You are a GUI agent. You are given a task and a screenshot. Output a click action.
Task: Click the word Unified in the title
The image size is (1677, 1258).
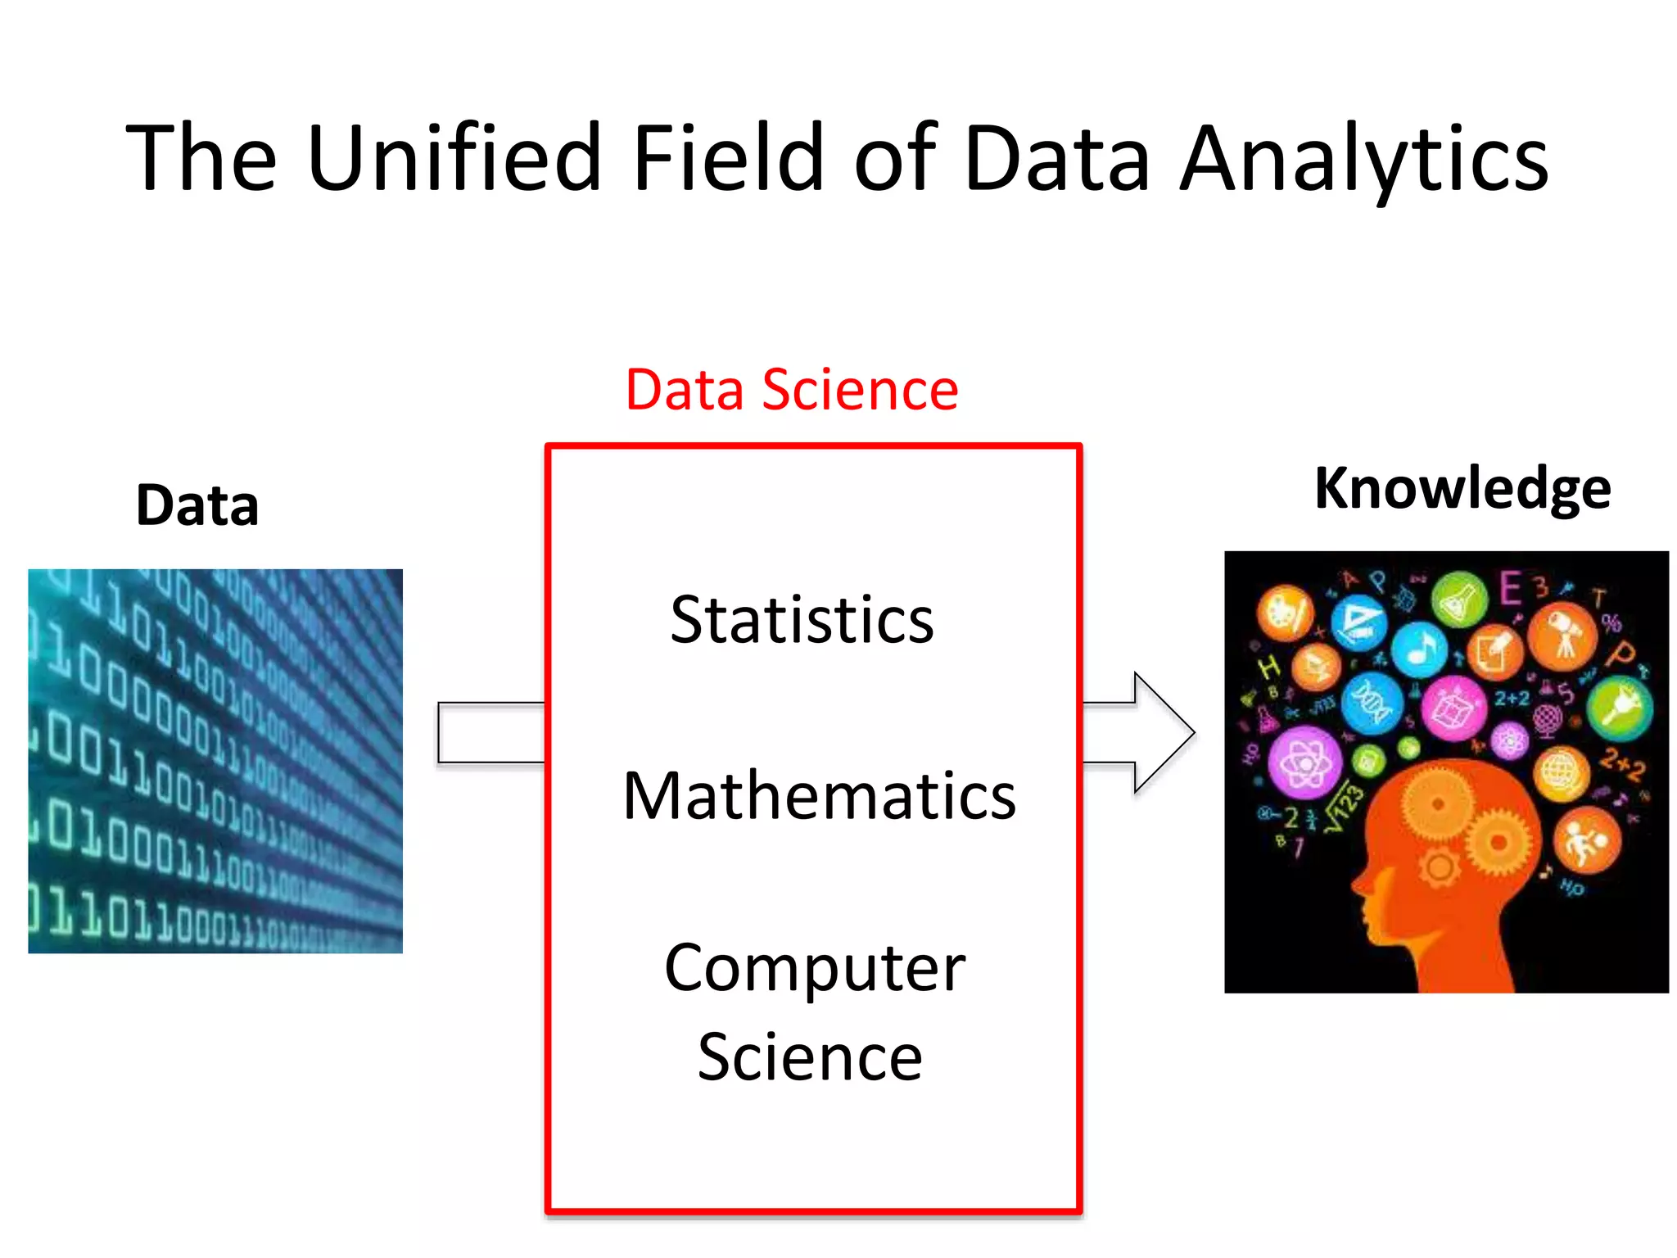tap(454, 157)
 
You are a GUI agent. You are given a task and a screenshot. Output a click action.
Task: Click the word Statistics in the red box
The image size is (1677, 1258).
tap(802, 620)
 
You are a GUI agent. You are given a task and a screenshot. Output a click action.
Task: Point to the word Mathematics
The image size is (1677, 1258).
tap(819, 796)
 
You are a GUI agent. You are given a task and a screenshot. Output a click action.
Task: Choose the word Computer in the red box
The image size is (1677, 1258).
tap(815, 968)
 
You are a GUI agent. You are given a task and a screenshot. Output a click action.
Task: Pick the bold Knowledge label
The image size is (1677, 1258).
tap(1462, 488)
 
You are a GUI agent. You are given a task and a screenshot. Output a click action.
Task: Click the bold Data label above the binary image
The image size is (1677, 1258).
tap(197, 505)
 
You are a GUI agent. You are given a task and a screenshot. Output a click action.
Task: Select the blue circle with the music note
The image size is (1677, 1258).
tap(1420, 649)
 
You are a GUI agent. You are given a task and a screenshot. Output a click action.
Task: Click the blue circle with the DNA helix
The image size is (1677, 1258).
tap(1372, 703)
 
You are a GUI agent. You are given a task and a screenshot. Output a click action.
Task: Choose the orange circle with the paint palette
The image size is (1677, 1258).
tap(1286, 613)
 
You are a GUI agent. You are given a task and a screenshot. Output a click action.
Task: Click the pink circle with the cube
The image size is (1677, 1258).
tap(1453, 708)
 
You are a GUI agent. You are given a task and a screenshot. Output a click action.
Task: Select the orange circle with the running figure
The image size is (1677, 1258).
tap(1586, 841)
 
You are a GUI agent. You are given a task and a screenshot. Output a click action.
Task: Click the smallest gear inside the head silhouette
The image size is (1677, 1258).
tap(1439, 867)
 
